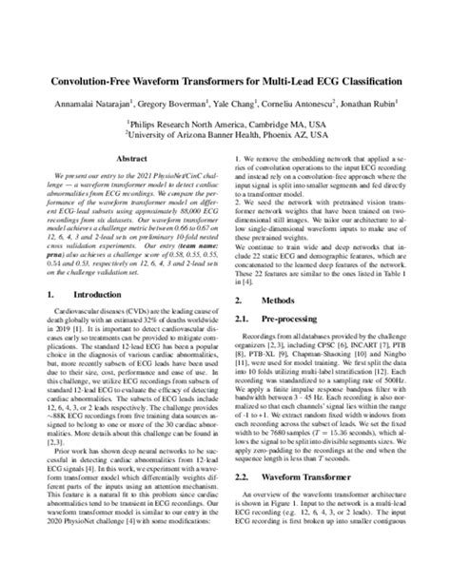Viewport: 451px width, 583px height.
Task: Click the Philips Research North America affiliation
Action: point(225,124)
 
